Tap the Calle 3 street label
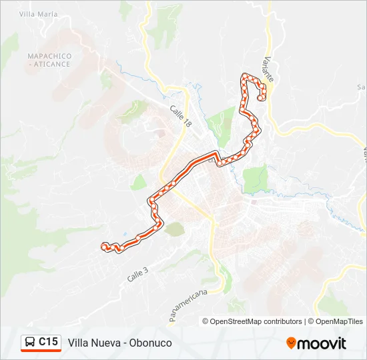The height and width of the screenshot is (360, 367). (x=137, y=273)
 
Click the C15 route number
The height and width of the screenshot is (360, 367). (x=48, y=342)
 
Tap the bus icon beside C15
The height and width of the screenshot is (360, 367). (x=31, y=342)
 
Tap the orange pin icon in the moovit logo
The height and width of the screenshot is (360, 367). (x=291, y=343)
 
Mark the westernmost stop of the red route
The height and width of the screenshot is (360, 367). (x=103, y=246)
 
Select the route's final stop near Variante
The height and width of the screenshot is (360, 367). (x=260, y=98)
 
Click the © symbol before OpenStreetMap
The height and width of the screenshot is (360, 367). (x=206, y=321)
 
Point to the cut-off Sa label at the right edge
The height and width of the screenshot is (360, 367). (x=361, y=87)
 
